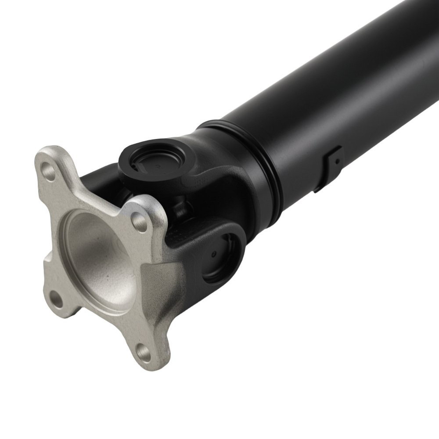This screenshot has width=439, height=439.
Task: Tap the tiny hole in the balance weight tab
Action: [x=336, y=162]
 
